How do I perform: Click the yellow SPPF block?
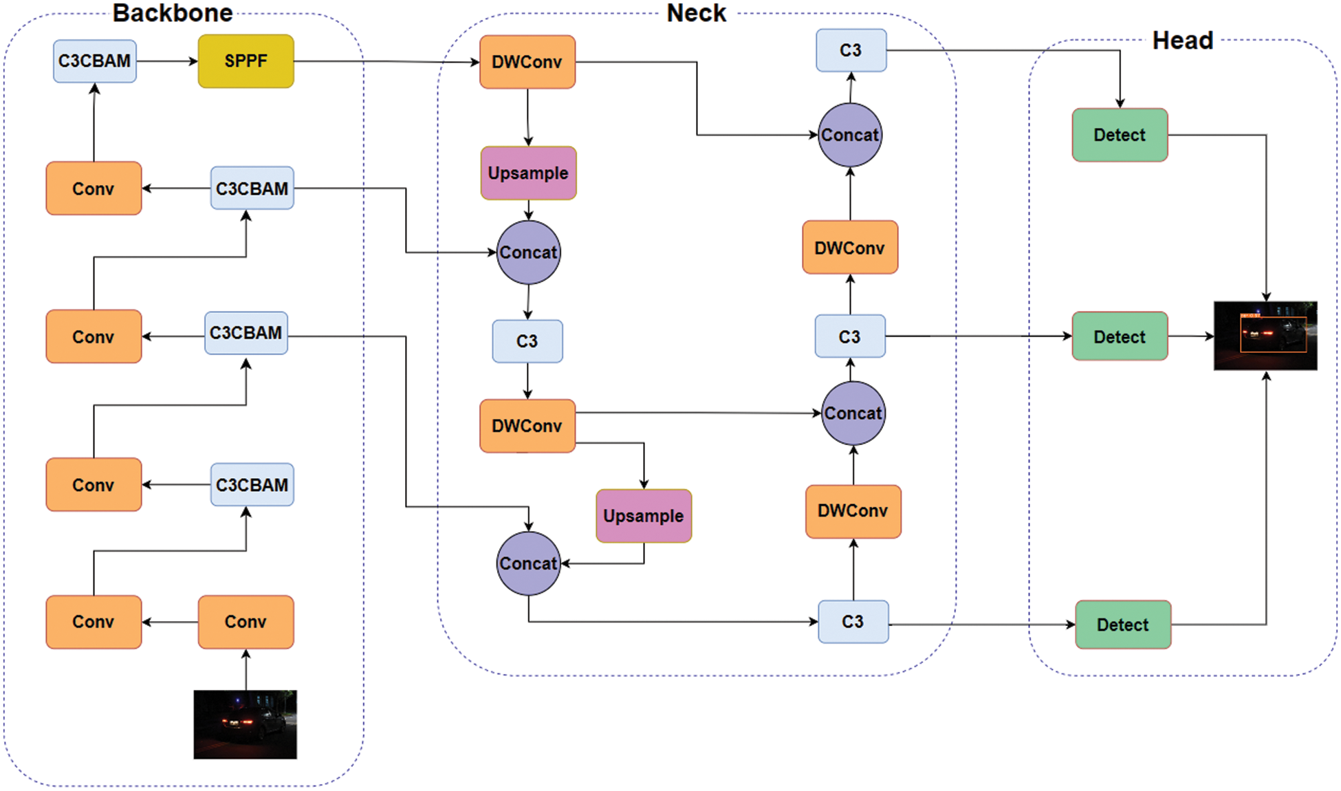click(x=246, y=61)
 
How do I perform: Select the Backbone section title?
click(x=172, y=13)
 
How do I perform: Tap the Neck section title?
click(x=696, y=13)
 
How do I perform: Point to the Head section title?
click(x=1182, y=41)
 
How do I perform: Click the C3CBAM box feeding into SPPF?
click(x=94, y=61)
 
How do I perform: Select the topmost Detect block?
click(x=1119, y=135)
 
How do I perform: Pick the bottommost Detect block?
click(x=1122, y=625)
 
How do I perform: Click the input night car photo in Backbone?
click(x=245, y=724)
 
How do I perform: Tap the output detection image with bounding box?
click(x=1265, y=336)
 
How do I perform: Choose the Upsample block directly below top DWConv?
click(x=528, y=173)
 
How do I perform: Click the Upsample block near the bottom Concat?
click(x=643, y=516)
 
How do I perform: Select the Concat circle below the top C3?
click(x=849, y=135)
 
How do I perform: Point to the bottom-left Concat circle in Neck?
click(x=528, y=563)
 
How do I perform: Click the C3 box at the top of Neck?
click(x=851, y=50)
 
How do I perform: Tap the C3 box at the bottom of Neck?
click(x=853, y=622)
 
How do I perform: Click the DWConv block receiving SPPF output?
click(x=527, y=62)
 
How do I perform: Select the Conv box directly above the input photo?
click(x=246, y=622)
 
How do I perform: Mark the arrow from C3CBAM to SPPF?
click(x=167, y=61)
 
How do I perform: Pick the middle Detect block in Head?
click(x=1119, y=336)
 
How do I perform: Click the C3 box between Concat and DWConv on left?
click(x=527, y=341)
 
